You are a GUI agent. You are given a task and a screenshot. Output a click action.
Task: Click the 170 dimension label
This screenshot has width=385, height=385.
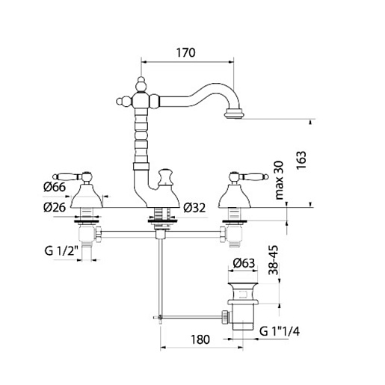[x=185, y=53]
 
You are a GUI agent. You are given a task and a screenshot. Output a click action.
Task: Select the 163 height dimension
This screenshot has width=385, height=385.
[x=301, y=160]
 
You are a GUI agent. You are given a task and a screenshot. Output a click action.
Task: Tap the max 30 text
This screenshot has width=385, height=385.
[x=280, y=180]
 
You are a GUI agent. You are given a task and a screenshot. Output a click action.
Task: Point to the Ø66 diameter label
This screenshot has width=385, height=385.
[x=55, y=187]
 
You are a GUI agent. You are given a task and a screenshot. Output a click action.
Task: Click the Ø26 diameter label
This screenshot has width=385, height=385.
[x=55, y=207]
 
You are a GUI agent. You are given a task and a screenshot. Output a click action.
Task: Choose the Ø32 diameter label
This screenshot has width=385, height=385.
[x=194, y=208]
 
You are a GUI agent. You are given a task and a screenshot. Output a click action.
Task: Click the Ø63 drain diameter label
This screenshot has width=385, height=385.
[x=244, y=263]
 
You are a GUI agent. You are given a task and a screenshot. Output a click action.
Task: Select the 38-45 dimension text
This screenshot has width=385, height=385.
[x=274, y=260]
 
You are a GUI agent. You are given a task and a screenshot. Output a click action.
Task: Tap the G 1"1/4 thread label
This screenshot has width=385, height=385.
[x=280, y=331]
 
